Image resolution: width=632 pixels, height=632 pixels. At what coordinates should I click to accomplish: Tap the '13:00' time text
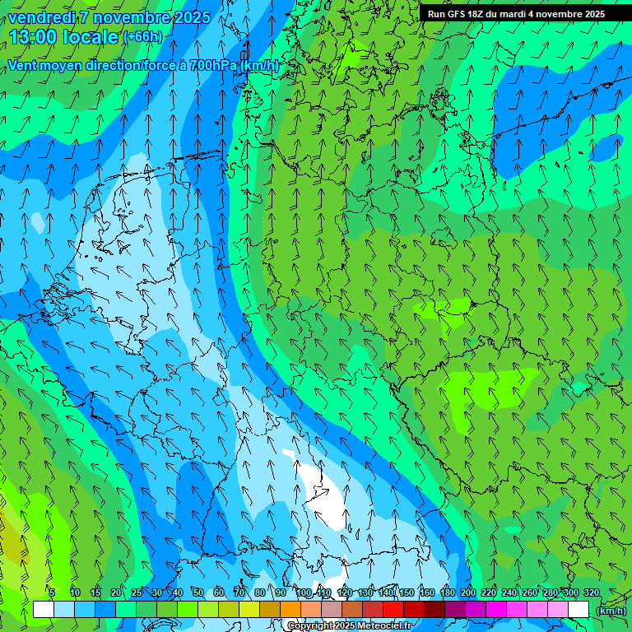coord(33,37)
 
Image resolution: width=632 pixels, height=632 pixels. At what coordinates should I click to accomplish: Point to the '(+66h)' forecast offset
coord(142,37)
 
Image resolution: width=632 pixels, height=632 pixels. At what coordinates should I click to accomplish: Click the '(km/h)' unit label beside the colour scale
coord(611,610)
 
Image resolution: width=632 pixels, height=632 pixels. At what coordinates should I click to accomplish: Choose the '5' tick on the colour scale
coord(51,592)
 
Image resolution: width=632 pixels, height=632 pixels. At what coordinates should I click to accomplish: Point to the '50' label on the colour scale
coord(198,592)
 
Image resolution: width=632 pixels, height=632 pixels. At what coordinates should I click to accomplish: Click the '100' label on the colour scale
coord(304,592)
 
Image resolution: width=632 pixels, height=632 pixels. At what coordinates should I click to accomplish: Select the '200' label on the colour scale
coord(468,592)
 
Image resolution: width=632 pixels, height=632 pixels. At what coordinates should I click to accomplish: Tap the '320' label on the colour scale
coord(591,592)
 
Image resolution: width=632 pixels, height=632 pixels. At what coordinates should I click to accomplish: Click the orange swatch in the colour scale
coord(290,610)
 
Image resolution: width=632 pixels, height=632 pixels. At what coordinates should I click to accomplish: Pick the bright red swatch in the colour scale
coord(393,610)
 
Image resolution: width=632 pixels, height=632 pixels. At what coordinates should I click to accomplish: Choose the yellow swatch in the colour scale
coord(249,610)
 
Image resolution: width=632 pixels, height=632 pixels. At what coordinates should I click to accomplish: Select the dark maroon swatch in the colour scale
coord(434,610)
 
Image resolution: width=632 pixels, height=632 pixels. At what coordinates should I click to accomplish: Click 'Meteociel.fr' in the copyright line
coord(385,626)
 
